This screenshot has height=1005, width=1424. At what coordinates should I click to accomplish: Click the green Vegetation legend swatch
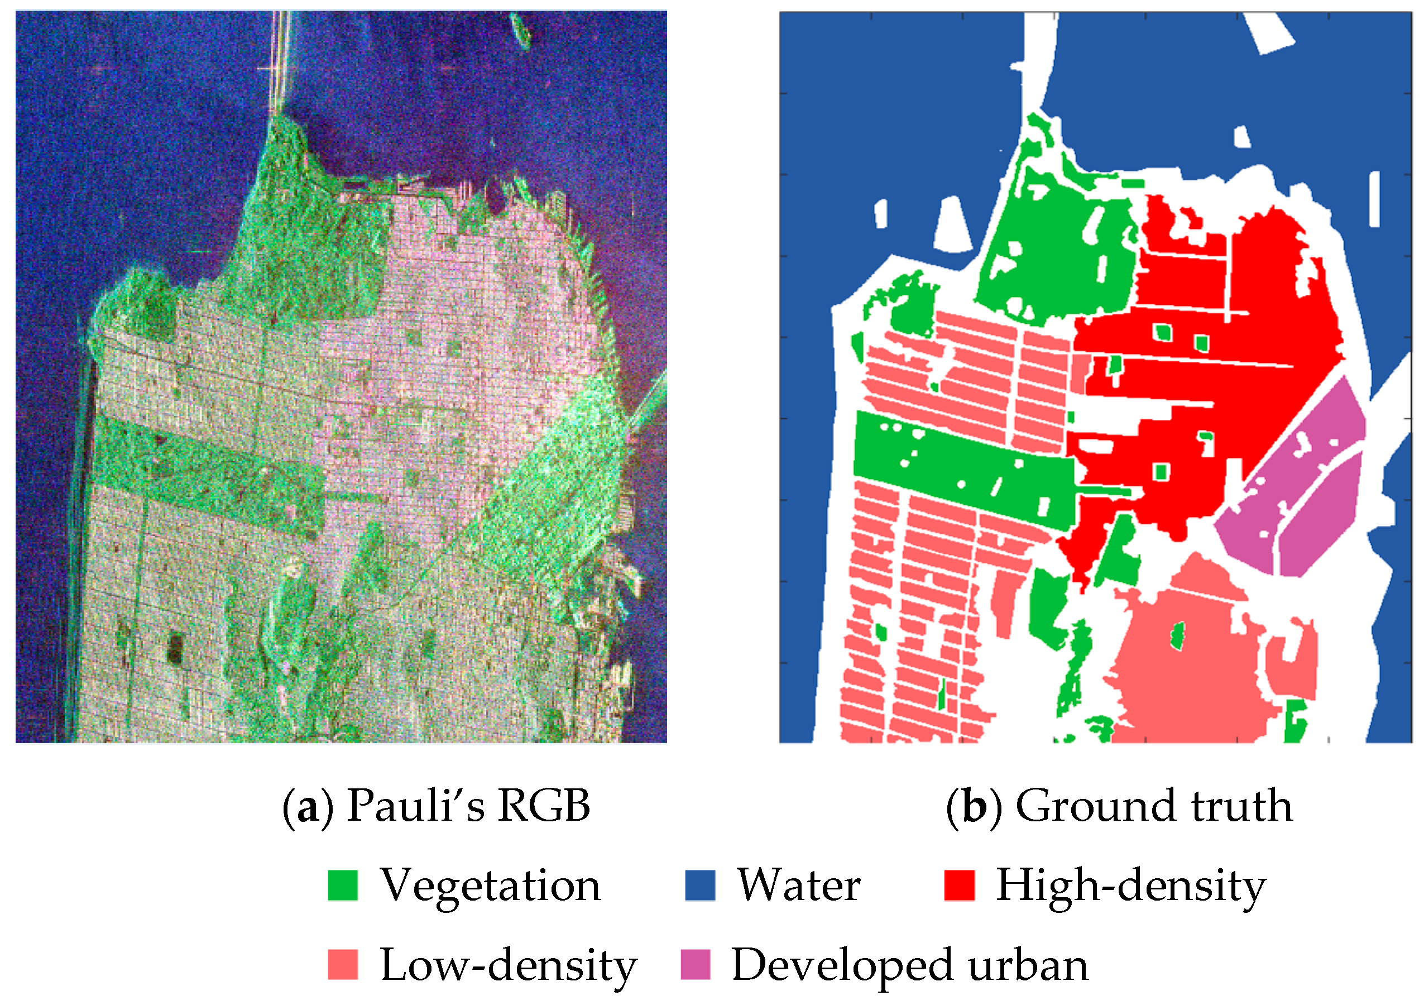pyautogui.click(x=342, y=886)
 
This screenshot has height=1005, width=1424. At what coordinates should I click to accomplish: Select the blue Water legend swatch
pyautogui.click(x=699, y=886)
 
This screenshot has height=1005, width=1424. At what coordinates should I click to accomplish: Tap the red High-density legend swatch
pyautogui.click(x=959, y=886)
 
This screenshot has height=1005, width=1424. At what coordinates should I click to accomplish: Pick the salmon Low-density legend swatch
pyautogui.click(x=342, y=965)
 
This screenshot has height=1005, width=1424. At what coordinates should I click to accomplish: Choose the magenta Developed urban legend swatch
pyautogui.click(x=696, y=965)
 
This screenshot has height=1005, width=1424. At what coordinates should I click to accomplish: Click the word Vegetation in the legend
pyautogui.click(x=490, y=886)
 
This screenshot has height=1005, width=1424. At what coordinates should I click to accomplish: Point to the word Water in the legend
pyautogui.click(x=799, y=886)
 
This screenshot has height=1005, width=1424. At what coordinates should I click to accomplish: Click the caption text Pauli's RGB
pyautogui.click(x=468, y=806)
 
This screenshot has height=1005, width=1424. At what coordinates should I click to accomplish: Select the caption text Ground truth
pyautogui.click(x=1154, y=806)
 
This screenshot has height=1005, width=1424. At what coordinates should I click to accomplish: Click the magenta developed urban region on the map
pyautogui.click(x=1296, y=496)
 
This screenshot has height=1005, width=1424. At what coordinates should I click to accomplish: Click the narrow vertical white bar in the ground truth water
pyautogui.click(x=1374, y=199)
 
